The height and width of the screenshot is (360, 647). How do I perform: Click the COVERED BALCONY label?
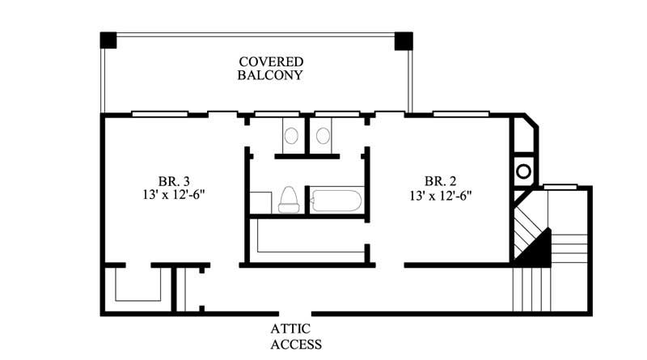pyautogui.click(x=270, y=69)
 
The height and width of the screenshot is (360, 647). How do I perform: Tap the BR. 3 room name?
pyautogui.click(x=174, y=180)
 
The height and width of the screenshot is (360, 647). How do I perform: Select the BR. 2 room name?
pyautogui.click(x=441, y=180)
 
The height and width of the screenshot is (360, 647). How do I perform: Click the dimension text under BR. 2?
pyautogui.click(x=441, y=195)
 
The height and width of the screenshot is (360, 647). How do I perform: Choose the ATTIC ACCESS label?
pyautogui.click(x=296, y=337)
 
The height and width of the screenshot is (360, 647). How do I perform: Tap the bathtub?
pyautogui.click(x=339, y=200)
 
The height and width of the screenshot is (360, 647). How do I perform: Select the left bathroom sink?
pyautogui.click(x=291, y=135)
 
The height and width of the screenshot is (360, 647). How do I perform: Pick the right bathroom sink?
pyautogui.click(x=323, y=135)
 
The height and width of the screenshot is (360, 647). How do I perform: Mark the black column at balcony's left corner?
pyautogui.click(x=108, y=40)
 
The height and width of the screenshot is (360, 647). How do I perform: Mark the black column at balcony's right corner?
pyautogui.click(x=403, y=40)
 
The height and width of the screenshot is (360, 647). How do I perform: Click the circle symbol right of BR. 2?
pyautogui.click(x=523, y=172)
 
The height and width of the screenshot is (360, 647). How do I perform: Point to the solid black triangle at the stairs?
pyautogui.click(x=538, y=249)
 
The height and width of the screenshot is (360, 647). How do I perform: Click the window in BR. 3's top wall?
pyautogui.click(x=159, y=114)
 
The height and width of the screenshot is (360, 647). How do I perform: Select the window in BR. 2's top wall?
pyautogui.click(x=460, y=114)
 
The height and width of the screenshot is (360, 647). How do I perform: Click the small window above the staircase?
pyautogui.click(x=560, y=187)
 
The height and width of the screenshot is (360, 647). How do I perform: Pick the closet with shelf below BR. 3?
pyautogui.click(x=137, y=287)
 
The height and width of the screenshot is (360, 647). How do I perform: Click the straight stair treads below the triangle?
pyautogui.click(x=531, y=289)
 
